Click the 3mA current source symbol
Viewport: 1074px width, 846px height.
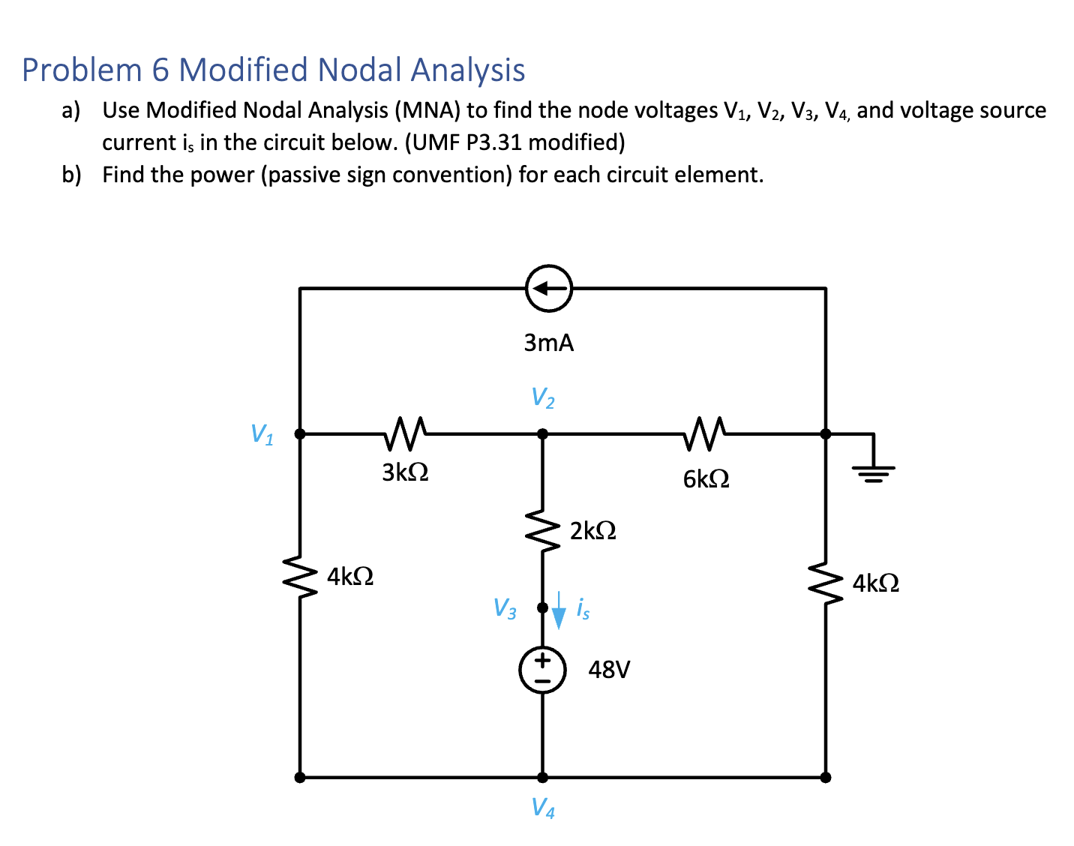[x=548, y=288]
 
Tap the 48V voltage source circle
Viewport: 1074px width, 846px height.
[x=542, y=670]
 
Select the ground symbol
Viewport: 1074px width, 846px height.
[x=873, y=471]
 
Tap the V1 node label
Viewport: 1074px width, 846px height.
[x=262, y=434]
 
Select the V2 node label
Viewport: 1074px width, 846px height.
[x=542, y=397]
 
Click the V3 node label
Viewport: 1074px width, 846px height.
[x=504, y=608]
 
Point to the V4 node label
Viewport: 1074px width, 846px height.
[x=542, y=808]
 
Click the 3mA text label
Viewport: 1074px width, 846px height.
[x=548, y=343]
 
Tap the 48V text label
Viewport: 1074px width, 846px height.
[x=609, y=669]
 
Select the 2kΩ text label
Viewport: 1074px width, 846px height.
[x=592, y=531]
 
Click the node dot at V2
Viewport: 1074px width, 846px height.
[x=542, y=433]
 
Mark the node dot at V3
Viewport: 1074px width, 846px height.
[x=542, y=607]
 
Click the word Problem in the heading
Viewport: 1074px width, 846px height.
[x=81, y=70]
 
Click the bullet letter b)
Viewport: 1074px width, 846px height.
[x=71, y=175]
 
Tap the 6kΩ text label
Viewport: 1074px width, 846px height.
[x=706, y=478]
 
